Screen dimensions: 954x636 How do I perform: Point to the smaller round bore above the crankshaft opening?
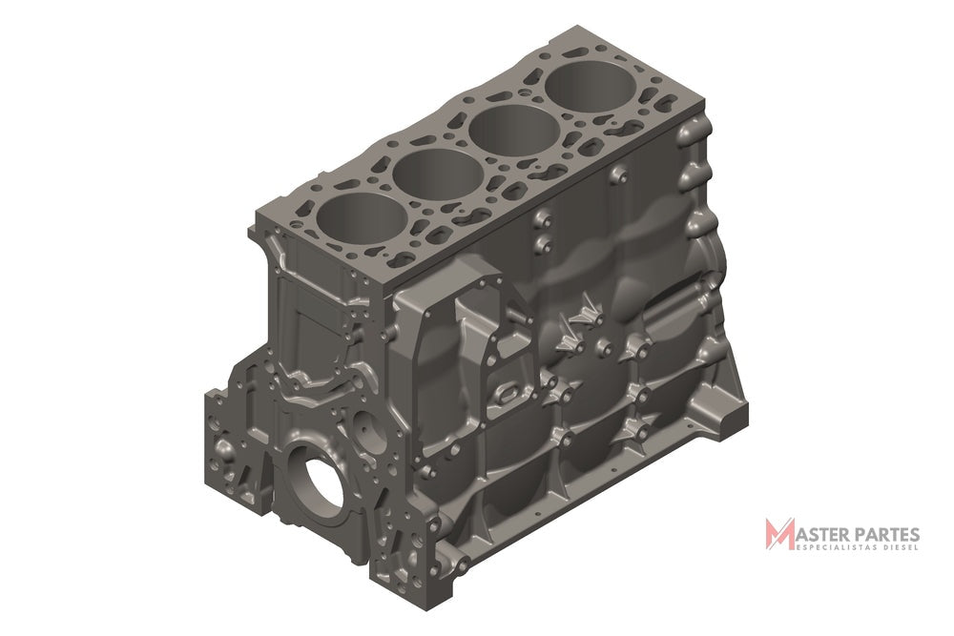(x=367, y=429)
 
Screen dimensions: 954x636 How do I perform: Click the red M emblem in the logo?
(x=780, y=533)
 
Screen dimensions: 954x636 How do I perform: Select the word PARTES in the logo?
(x=882, y=535)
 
